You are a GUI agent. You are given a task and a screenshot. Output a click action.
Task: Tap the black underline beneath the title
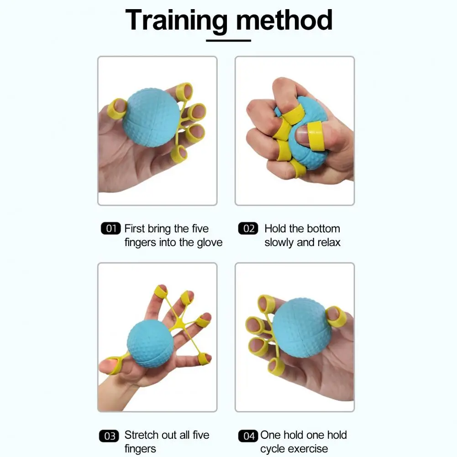pyautogui.click(x=228, y=41)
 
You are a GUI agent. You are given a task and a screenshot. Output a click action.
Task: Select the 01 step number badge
pyautogui.click(x=111, y=228)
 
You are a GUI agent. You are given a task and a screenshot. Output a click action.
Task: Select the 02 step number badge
pyautogui.click(x=248, y=228)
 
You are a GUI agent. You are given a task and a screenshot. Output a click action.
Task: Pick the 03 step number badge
pyautogui.click(x=109, y=436)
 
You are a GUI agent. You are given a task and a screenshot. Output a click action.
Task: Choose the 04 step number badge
pyautogui.click(x=248, y=436)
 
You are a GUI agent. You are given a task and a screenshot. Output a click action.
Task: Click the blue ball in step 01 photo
pyautogui.click(x=151, y=117)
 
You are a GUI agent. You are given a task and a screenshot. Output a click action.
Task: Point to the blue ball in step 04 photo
pyautogui.click(x=302, y=328)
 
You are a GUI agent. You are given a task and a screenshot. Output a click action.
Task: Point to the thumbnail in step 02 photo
pyautogui.click(x=301, y=135)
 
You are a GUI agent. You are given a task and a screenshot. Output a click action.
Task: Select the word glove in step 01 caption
pyautogui.click(x=210, y=242)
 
